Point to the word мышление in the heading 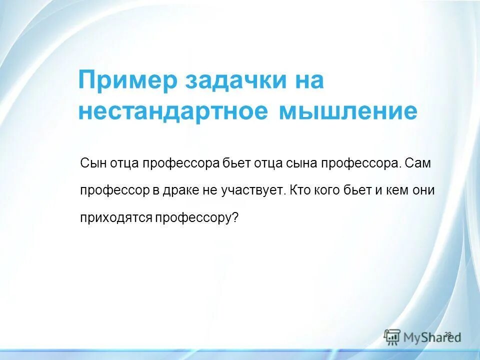pyautogui.click(x=347, y=112)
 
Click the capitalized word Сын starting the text pyautogui.click(x=91, y=164)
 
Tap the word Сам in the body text pyautogui.click(x=417, y=164)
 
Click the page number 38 pyautogui.click(x=447, y=334)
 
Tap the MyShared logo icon pyautogui.click(x=392, y=336)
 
